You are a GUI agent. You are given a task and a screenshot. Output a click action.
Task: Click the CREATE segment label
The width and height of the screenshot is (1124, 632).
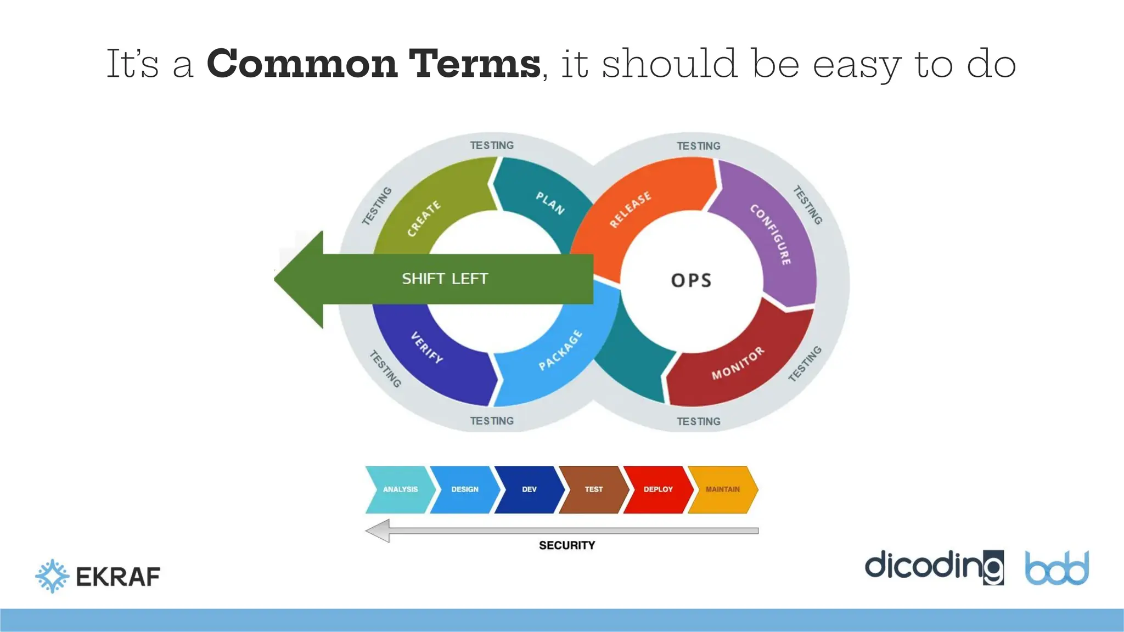pos(424,218)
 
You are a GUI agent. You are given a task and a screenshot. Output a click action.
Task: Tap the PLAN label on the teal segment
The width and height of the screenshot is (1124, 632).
pos(550,203)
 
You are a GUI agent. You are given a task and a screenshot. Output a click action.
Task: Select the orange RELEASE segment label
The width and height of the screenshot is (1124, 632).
pos(631,209)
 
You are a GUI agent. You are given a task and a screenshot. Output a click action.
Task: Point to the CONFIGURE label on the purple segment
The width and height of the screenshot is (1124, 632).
pos(771,234)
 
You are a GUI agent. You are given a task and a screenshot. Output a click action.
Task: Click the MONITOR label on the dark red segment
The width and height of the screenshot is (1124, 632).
pos(738,363)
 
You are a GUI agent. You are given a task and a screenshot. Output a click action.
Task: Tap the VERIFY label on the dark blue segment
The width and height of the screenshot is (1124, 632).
pos(427,348)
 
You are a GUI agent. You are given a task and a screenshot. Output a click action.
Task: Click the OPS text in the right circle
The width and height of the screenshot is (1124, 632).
pos(691,280)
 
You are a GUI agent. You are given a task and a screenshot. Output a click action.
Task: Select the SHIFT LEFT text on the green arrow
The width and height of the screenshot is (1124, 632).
pos(445,279)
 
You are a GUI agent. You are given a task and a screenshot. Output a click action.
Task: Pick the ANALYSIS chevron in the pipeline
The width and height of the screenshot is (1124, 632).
pos(400,489)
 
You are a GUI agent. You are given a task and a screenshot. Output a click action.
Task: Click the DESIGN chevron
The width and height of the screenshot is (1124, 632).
pos(464,489)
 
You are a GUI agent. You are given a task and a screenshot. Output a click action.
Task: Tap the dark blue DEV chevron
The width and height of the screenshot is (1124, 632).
pos(529,489)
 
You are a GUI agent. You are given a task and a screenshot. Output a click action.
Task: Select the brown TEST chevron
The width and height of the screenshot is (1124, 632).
pos(593,489)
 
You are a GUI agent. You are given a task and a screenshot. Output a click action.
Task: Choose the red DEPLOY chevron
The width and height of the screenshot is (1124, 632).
pos(657,489)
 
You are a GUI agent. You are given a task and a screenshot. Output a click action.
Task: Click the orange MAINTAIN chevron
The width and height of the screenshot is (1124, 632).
pos(722,489)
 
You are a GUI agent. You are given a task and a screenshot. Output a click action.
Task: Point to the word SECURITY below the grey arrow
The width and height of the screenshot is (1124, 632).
pos(567,545)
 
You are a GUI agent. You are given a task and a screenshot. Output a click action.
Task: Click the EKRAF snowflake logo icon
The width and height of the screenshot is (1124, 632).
pos(53,576)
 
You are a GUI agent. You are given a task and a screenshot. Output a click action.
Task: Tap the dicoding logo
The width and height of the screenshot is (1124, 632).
pos(934,567)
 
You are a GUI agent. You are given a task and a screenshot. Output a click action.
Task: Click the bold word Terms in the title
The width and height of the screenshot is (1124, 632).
pos(475,64)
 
